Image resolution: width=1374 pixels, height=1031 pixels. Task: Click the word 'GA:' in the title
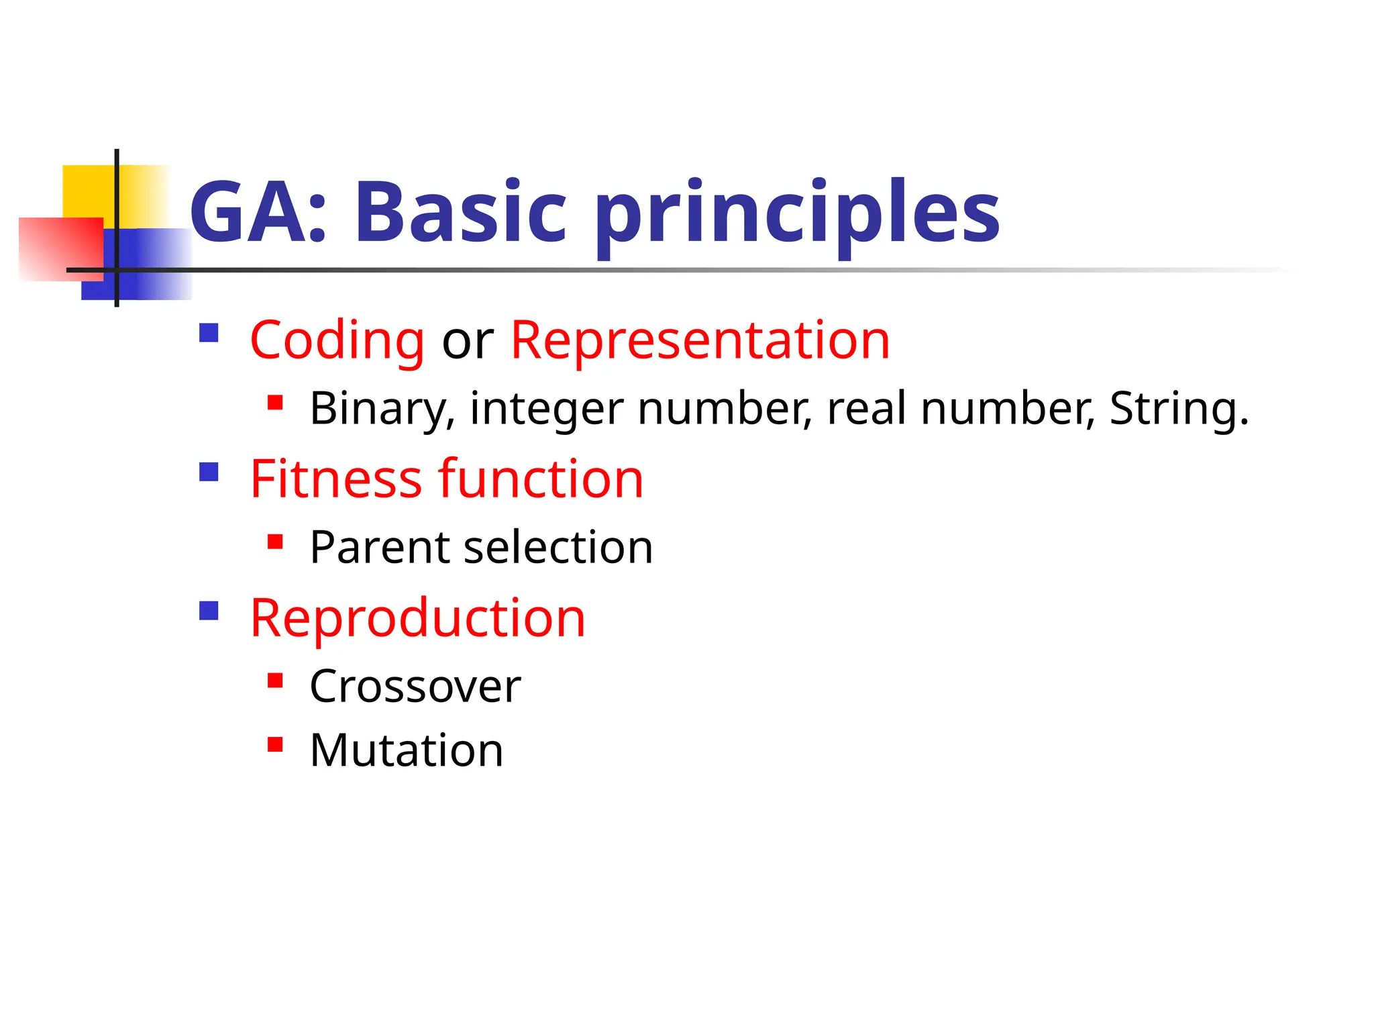point(258,213)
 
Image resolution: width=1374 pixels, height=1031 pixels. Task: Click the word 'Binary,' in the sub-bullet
point(382,409)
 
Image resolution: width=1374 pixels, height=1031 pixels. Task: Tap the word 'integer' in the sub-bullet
point(546,410)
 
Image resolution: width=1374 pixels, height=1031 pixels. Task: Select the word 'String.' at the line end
point(1179,409)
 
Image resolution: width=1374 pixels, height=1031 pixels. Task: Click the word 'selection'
point(558,548)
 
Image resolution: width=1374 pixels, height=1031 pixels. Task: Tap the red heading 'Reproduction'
point(417,618)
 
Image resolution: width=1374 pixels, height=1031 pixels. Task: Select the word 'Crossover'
point(415,687)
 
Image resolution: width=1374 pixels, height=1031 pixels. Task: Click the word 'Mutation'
point(406,750)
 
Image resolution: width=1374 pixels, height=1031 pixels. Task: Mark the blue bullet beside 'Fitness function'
point(209,472)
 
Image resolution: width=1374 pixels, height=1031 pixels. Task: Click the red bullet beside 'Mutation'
point(274,744)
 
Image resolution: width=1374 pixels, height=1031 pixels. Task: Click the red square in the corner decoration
point(57,248)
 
